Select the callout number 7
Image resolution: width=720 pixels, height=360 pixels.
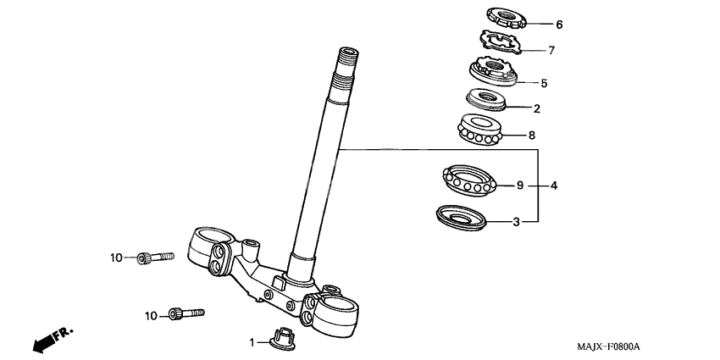tap(551, 51)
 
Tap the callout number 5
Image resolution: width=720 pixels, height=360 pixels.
tap(544, 83)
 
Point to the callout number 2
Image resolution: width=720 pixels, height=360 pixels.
tap(535, 108)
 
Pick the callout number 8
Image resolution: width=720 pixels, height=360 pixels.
tap(532, 134)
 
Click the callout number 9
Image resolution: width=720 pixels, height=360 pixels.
tap(520, 185)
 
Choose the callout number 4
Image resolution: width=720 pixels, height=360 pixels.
tap(553, 185)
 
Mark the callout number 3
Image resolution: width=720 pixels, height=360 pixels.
tap(516, 223)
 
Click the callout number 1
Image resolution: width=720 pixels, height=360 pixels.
tap(251, 342)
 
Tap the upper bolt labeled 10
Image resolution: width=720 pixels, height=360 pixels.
tap(155, 256)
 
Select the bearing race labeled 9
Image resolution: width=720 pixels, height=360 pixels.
tap(469, 180)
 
